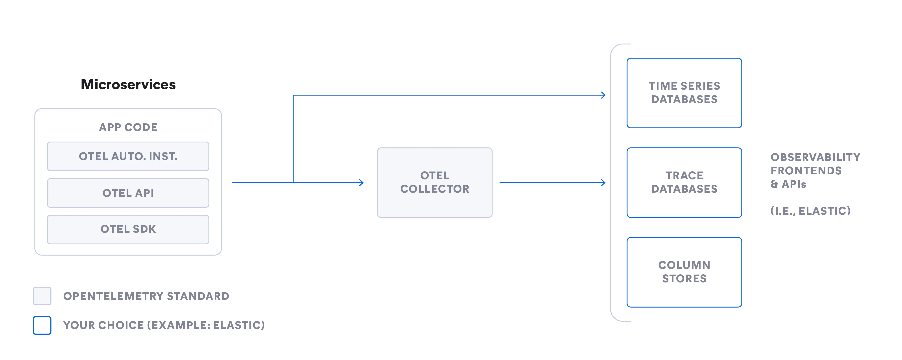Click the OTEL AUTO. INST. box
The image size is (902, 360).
(128, 156)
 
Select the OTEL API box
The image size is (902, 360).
(128, 193)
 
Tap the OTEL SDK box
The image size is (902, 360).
(128, 229)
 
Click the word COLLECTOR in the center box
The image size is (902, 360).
(435, 189)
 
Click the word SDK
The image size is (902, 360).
(144, 229)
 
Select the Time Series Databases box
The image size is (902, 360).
(684, 93)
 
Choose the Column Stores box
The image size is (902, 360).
(684, 272)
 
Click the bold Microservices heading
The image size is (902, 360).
(128, 84)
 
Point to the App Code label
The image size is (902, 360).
(128, 127)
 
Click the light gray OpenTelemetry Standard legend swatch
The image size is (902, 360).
(42, 296)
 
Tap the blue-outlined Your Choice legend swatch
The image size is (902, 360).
(42, 325)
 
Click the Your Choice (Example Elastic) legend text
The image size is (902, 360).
(163, 325)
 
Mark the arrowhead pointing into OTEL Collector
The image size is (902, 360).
(361, 182)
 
